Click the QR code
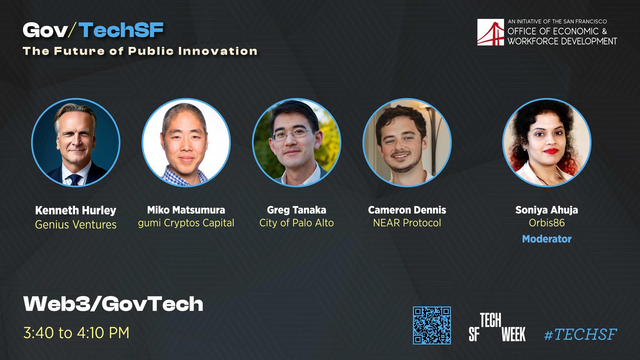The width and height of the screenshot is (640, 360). tap(432, 325)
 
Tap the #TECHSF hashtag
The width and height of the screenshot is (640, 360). tap(580, 334)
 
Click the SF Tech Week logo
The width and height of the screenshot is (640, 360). tap(497, 327)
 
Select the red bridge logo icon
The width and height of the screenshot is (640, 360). tap(490, 32)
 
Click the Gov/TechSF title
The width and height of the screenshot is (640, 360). tap(93, 30)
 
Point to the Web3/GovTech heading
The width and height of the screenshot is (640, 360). tap(113, 304)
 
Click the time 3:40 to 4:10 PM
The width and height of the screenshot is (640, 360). tap(76, 333)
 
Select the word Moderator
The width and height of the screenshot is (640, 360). tap(546, 239)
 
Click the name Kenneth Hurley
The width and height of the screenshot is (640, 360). tap(76, 210)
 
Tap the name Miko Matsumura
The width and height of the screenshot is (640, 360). tap(186, 210)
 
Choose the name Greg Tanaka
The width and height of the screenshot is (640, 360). tap(296, 210)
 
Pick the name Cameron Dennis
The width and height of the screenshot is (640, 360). tap(407, 210)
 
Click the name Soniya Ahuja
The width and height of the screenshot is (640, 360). tap(546, 210)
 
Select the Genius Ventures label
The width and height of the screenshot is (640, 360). tap(76, 224)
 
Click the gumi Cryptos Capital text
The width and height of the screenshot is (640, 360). tap(186, 223)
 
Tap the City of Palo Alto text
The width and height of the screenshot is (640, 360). tap(296, 223)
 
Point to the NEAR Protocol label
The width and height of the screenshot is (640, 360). tap(407, 223)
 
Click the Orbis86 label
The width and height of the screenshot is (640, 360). tap(546, 223)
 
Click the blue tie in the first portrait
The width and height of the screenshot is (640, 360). tap(75, 180)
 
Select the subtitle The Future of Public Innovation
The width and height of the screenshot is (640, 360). tap(140, 51)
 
